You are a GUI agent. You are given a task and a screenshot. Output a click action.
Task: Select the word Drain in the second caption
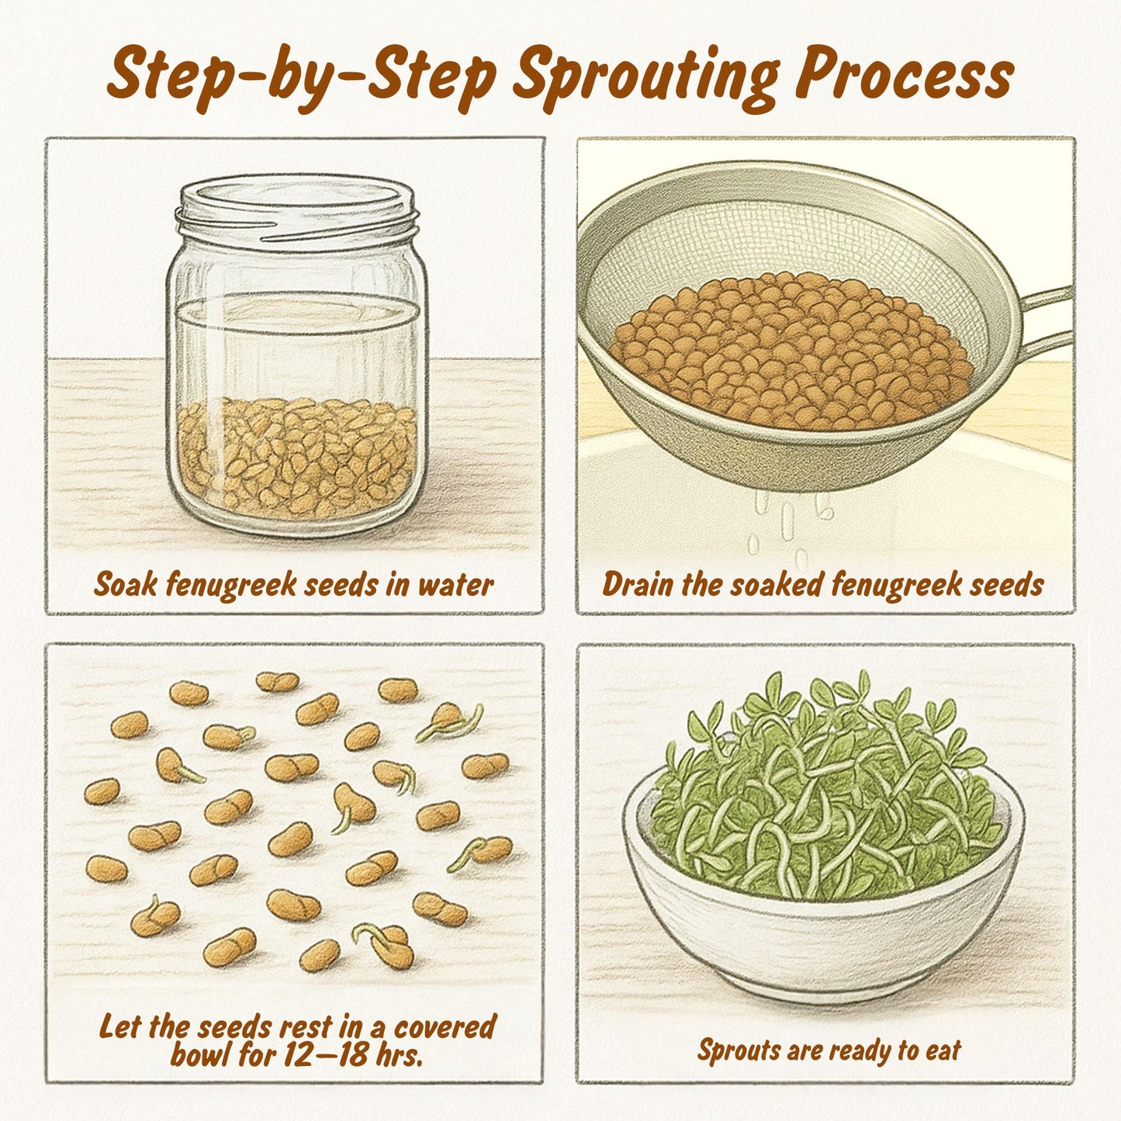pos(637,584)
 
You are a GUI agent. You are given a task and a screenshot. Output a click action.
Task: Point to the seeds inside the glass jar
pos(296,459)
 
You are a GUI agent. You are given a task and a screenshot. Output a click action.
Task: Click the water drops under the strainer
pos(791,527)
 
